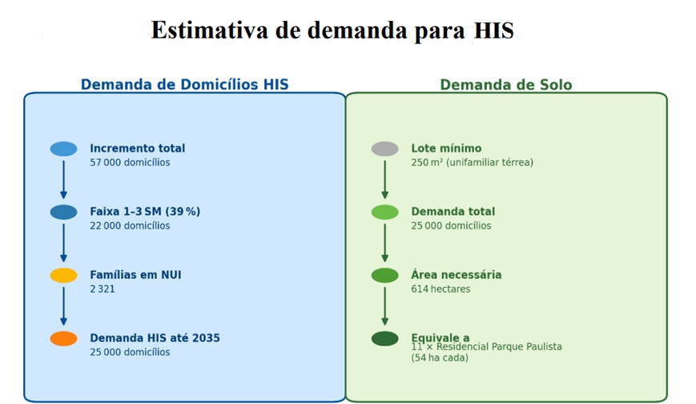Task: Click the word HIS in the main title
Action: coord(493,30)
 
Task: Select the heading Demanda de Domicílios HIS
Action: coord(185,84)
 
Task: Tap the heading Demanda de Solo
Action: coord(506,84)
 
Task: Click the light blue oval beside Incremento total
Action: coord(63,149)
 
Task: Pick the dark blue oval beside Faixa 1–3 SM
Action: coord(63,212)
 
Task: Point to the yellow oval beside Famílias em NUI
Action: coord(63,276)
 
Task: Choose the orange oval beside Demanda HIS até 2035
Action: coord(63,338)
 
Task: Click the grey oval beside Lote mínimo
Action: coord(384,149)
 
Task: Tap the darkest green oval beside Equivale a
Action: coord(384,338)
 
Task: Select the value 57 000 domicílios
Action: coord(130,163)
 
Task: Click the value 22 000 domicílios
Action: coord(130,226)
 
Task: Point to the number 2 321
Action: coord(103,289)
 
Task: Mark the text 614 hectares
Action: coord(441,289)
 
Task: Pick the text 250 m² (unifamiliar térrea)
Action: coord(473,163)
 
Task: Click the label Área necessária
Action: coord(457,275)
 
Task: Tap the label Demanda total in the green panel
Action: coord(453,212)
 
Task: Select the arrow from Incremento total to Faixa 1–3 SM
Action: coord(63,180)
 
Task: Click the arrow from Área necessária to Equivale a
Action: coord(384,306)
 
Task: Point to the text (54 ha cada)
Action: coord(440,358)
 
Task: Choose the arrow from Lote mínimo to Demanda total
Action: coord(384,180)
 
